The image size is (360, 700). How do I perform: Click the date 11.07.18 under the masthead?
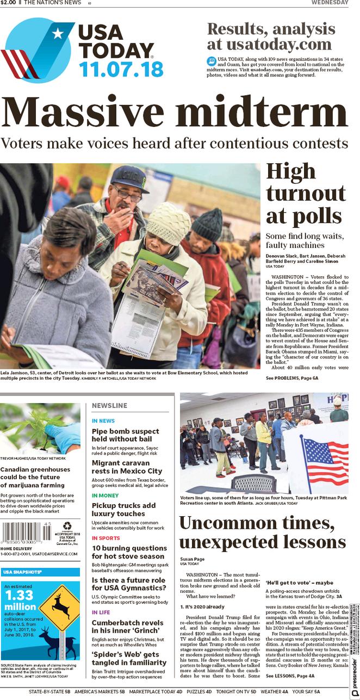121,69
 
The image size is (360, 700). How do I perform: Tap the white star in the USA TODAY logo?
57,34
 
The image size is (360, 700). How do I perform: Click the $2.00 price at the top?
8,3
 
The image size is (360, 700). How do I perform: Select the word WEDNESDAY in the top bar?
330,3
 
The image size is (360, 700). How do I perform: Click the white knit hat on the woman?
168,223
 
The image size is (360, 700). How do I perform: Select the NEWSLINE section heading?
109,405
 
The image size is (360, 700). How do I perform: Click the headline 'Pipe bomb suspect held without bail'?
125,435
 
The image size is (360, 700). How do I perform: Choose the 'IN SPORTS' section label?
105,538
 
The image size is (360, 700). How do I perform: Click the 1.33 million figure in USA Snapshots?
20,600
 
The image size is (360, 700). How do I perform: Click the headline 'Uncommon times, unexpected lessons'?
262,532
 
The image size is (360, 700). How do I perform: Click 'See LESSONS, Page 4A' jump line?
290,676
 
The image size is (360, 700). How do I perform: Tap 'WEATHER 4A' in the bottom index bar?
274,692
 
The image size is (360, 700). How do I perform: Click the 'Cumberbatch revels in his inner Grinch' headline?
127,627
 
